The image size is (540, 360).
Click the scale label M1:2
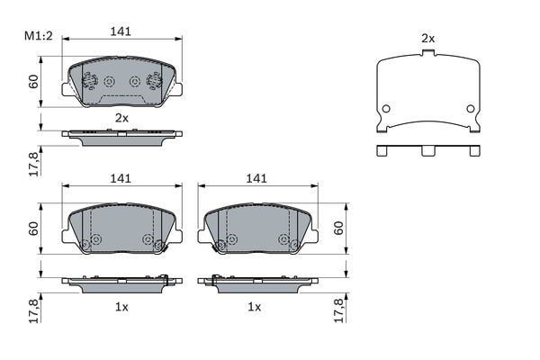click(x=38, y=35)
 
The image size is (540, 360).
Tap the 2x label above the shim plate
click(x=428, y=39)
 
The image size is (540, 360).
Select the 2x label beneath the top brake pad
click(x=121, y=118)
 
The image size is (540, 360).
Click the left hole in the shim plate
click(x=386, y=109)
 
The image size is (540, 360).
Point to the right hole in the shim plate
click(x=471, y=109)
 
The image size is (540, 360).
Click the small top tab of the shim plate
click(x=428, y=53)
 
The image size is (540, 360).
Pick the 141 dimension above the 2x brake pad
click(x=121, y=31)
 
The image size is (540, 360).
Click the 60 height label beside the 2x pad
click(x=34, y=81)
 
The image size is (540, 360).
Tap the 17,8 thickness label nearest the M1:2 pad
click(x=34, y=164)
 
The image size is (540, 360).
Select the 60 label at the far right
click(x=339, y=228)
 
